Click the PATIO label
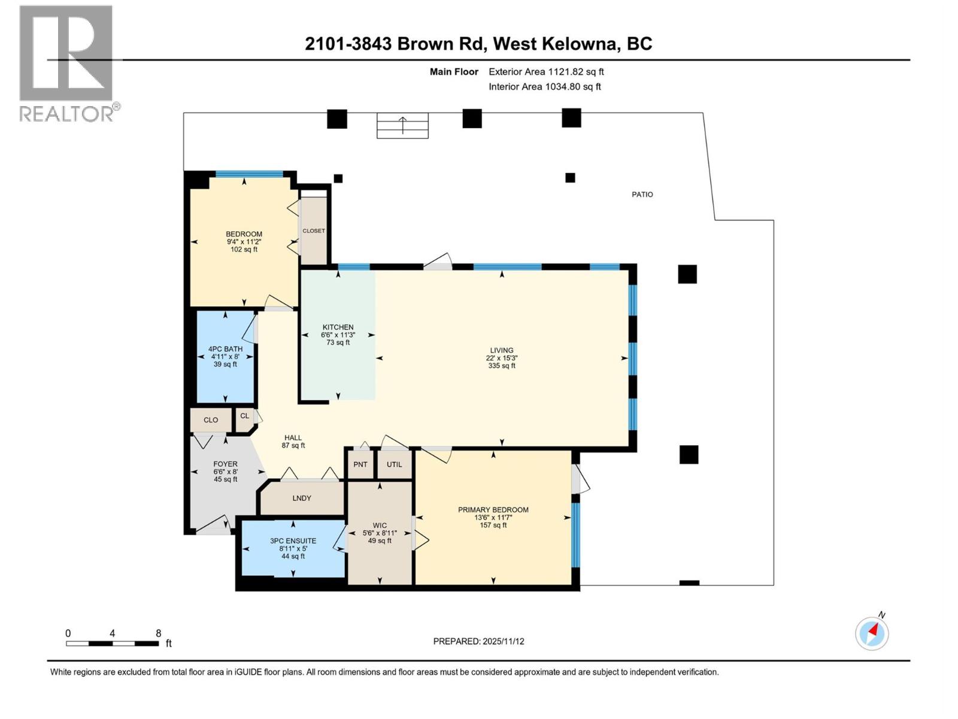click(x=642, y=194)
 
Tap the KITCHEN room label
click(x=338, y=328)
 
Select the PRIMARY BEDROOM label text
click(x=493, y=510)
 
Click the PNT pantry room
click(x=360, y=464)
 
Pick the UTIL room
click(x=394, y=464)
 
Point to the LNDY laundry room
click(x=302, y=498)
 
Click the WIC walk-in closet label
click(x=379, y=525)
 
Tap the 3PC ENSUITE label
click(x=293, y=541)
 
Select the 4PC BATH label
click(x=225, y=349)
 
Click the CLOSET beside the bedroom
click(x=314, y=231)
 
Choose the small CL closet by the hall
click(x=244, y=416)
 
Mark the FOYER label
click(x=225, y=464)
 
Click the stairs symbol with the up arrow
click(x=402, y=126)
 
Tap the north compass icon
click(x=872, y=633)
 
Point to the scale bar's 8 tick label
click(x=158, y=633)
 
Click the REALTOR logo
click(x=67, y=63)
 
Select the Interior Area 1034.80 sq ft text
click(x=544, y=86)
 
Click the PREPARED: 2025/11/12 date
click(x=478, y=641)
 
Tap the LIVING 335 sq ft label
click(x=501, y=358)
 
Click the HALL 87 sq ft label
click(x=293, y=442)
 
